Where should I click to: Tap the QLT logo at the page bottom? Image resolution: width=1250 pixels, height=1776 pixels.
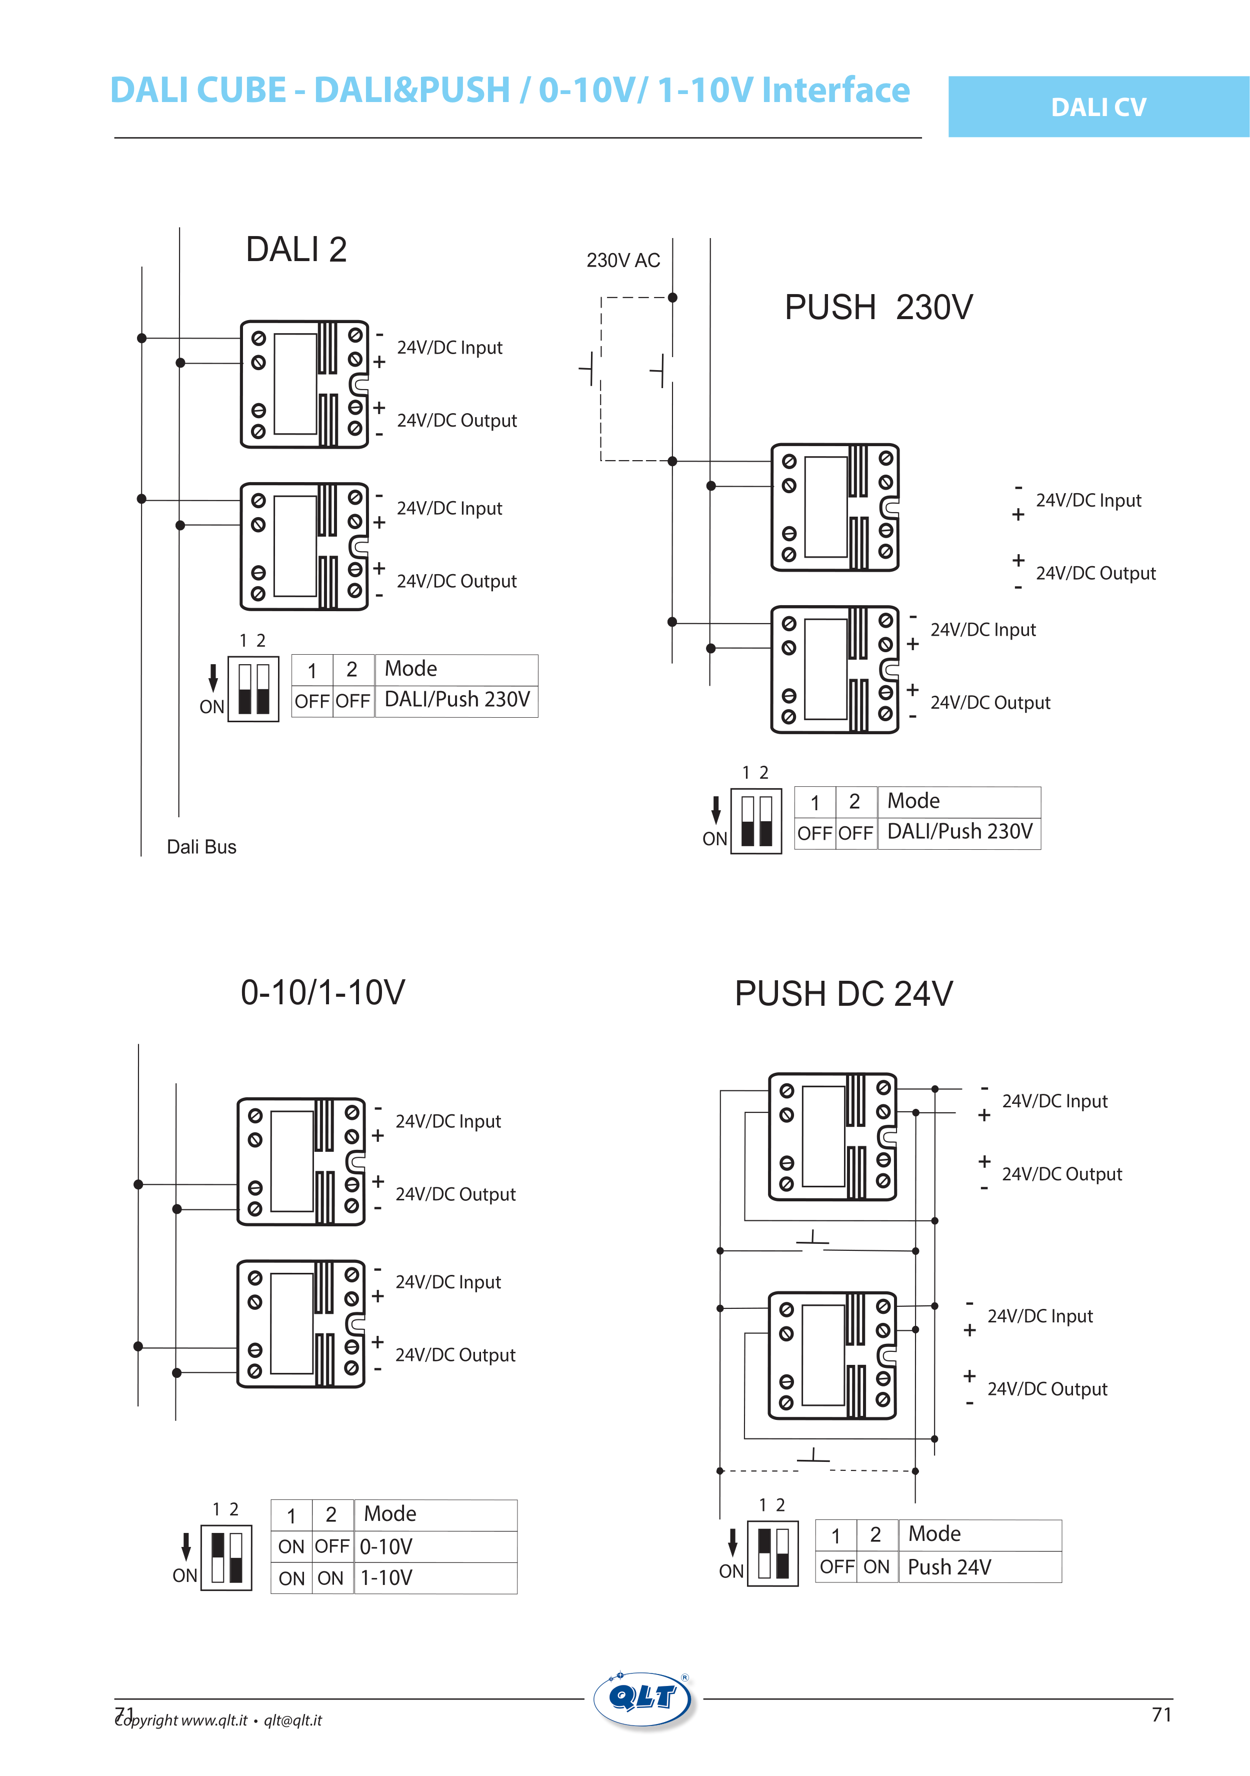(x=645, y=1698)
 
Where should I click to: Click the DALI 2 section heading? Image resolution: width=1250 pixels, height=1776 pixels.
(x=296, y=250)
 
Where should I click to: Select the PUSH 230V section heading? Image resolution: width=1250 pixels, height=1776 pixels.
(x=878, y=307)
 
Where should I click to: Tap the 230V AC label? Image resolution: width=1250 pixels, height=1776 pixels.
(x=622, y=260)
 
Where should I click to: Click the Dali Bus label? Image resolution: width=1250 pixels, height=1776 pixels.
(x=201, y=847)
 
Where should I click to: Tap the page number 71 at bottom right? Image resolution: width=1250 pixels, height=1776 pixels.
(x=1161, y=1715)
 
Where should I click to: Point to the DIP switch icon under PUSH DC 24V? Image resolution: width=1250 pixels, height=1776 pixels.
(x=772, y=1553)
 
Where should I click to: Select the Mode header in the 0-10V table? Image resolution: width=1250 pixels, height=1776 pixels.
(x=390, y=1514)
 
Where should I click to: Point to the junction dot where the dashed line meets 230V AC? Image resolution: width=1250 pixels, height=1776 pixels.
(x=672, y=298)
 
